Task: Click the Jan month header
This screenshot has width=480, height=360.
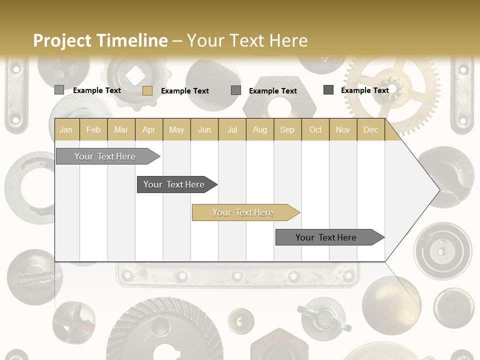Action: pyautogui.click(x=66, y=130)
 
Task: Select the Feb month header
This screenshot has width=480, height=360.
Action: pyautogui.click(x=93, y=130)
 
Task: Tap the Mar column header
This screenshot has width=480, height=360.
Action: pyautogui.click(x=121, y=130)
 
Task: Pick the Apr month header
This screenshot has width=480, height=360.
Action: pyautogui.click(x=148, y=130)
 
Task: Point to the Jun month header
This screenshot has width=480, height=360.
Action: pyautogui.click(x=204, y=130)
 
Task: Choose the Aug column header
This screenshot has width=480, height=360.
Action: pyautogui.click(x=259, y=130)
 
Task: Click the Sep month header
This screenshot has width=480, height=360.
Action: pyautogui.click(x=287, y=130)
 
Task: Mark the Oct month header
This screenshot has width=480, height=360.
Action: pyautogui.click(x=315, y=130)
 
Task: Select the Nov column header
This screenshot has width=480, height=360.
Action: pyautogui.click(x=342, y=130)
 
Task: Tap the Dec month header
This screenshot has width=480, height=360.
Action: pyautogui.click(x=370, y=130)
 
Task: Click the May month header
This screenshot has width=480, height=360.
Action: pyautogui.click(x=176, y=130)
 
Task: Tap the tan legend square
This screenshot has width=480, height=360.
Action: pyautogui.click(x=147, y=90)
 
